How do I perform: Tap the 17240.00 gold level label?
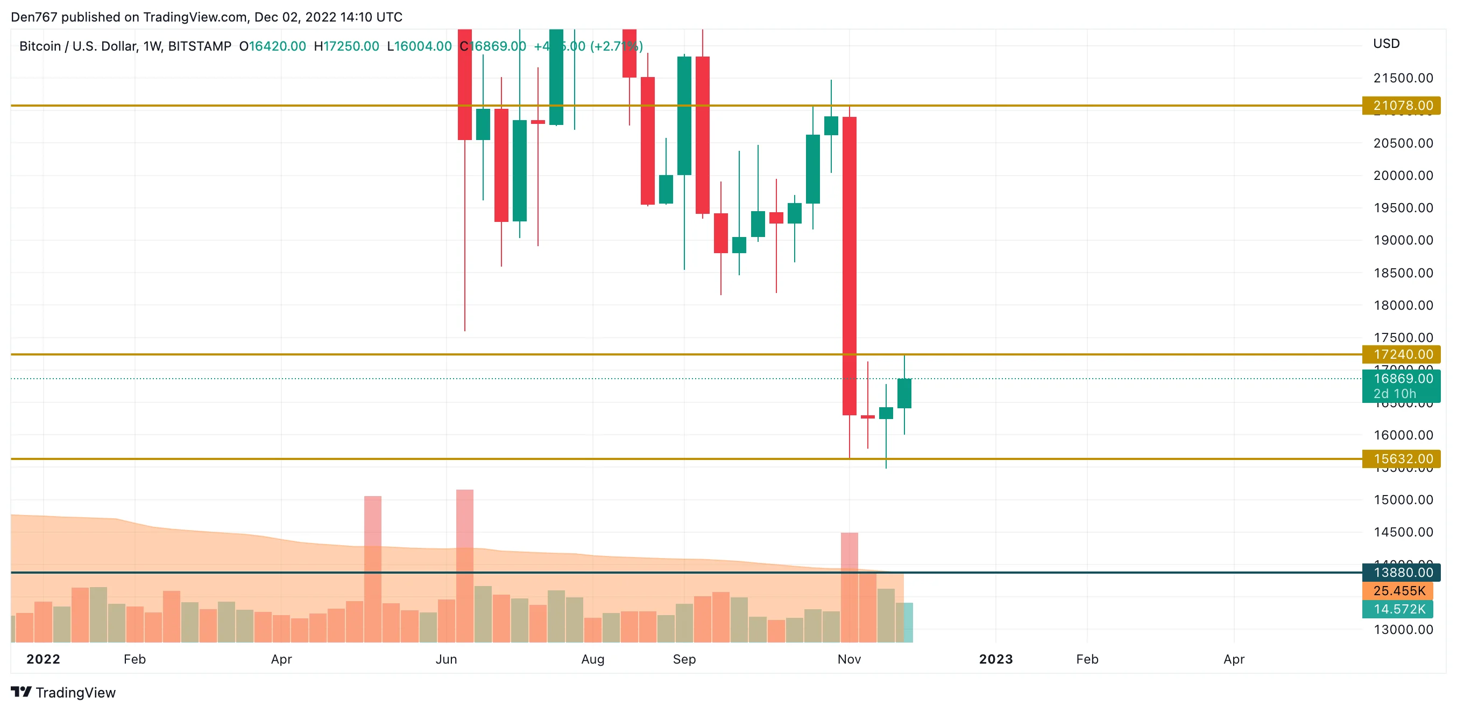point(1401,354)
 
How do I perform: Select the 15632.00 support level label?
point(1401,458)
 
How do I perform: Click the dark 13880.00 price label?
point(1401,573)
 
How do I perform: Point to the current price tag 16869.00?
point(1401,379)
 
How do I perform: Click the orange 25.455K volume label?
point(1398,591)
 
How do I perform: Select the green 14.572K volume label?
point(1398,609)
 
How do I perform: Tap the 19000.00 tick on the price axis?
point(1403,240)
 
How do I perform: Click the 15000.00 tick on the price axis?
point(1403,500)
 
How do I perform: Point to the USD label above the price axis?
point(1386,44)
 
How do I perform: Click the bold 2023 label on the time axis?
point(995,659)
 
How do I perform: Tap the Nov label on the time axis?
point(849,659)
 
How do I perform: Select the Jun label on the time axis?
point(446,659)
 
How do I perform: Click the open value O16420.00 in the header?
point(273,46)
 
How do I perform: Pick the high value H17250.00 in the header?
point(346,46)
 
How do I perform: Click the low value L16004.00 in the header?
point(419,46)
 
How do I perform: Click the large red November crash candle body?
point(849,266)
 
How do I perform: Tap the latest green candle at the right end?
point(904,393)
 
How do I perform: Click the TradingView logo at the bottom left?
point(63,692)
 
